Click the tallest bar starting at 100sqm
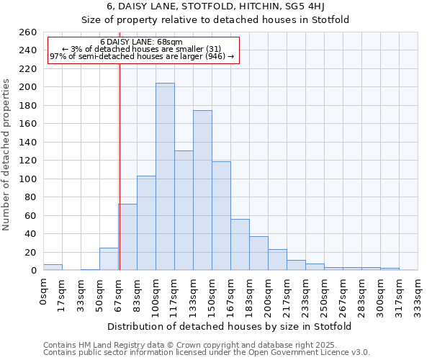165,176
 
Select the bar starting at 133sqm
202,190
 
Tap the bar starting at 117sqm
184,210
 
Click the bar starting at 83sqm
146,223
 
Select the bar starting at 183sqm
258,253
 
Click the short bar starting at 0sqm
53,267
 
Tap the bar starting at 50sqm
109,259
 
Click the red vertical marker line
120,166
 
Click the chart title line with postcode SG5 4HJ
215,6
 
